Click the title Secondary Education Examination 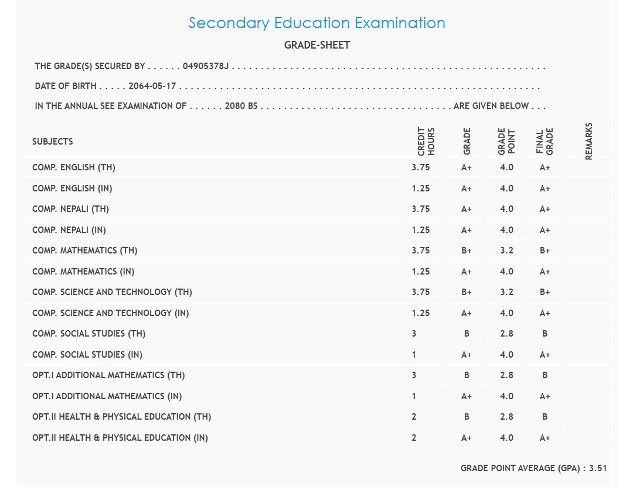pos(316,23)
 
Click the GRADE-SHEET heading pos(316,45)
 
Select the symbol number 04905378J pos(205,66)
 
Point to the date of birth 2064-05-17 pos(152,86)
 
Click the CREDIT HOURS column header pos(426,141)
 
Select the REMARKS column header pos(589,141)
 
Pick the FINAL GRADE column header pos(545,141)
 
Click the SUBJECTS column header pos(53,142)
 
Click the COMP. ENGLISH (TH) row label pos(74,167)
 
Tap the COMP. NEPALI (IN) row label pos(69,230)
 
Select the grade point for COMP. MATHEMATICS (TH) pos(506,251)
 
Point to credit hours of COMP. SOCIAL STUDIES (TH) pos(414,334)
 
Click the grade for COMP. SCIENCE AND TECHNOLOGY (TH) pos(467,292)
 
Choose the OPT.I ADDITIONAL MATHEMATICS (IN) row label pos(107,396)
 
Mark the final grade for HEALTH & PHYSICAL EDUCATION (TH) pos(545,417)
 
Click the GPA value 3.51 pos(598,468)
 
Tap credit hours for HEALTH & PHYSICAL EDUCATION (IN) pos(414,438)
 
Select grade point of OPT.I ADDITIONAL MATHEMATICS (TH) pos(506,375)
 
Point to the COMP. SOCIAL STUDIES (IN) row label pos(87,355)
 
